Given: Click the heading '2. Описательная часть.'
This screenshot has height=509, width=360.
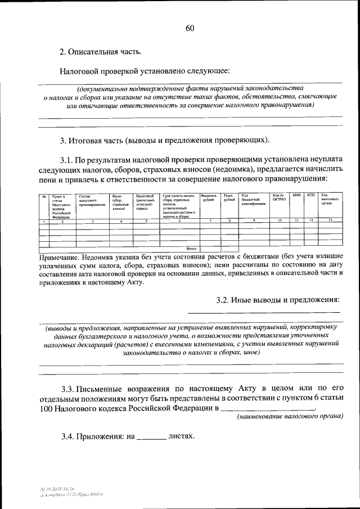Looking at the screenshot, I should pos(100,52).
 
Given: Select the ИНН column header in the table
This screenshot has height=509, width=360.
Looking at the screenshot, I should pos(296,195).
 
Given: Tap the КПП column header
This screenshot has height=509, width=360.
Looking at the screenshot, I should pos(310,195).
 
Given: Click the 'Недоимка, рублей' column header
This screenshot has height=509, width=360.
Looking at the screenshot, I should pos(208,197).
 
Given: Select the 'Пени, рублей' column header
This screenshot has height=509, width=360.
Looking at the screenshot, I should pos(228,197).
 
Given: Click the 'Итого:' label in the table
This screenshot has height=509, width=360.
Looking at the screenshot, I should pos(191,247).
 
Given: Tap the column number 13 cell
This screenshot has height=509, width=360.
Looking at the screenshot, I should pos(330,220).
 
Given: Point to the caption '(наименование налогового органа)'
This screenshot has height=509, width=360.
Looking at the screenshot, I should pos(290,417).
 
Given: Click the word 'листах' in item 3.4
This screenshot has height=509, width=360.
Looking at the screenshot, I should pos(182,436).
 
